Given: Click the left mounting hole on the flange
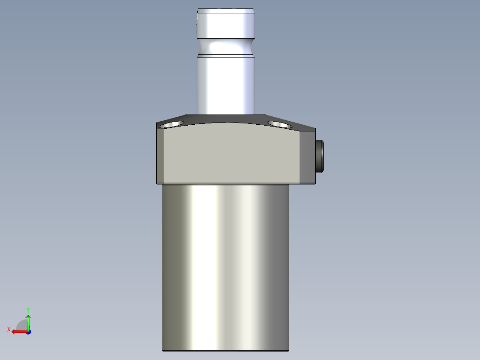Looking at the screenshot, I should click(172, 123).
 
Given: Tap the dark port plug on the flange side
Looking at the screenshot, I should click(320, 156).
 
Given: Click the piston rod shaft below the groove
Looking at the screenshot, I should click(226, 85).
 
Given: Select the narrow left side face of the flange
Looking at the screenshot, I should click(160, 156).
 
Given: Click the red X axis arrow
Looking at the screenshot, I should click(18, 331).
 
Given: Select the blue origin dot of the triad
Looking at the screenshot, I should click(28, 331).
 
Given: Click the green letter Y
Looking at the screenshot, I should click(28, 309).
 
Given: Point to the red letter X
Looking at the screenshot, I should click(8, 329).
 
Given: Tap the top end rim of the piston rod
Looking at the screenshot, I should click(226, 10).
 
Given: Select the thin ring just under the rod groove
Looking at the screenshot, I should click(226, 56).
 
